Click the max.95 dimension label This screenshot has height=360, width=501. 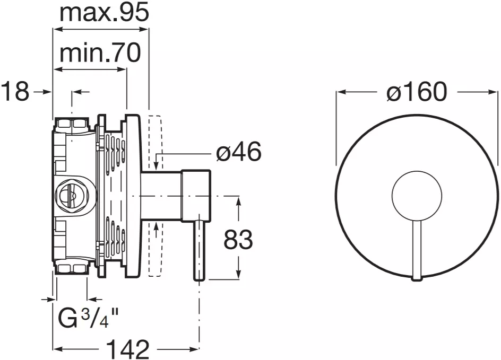tap(104, 13)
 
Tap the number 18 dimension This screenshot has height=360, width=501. tap(15, 92)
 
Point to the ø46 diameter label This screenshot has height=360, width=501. tap(239, 152)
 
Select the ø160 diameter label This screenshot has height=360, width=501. tap(416, 92)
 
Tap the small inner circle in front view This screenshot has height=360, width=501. tap(417, 195)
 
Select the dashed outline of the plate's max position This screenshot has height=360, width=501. tap(156, 196)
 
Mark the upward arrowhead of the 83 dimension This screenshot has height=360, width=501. tap(238, 201)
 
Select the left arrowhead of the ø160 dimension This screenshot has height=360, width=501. tap(341, 92)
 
